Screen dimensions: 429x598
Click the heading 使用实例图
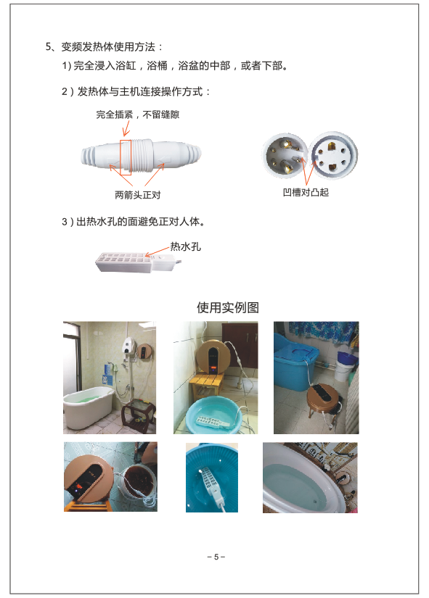pyautogui.click(x=228, y=307)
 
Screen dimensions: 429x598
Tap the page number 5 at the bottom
pyautogui.click(x=216, y=557)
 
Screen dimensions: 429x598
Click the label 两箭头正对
pyautogui.click(x=137, y=195)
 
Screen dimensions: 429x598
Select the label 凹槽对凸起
pyautogui.click(x=306, y=192)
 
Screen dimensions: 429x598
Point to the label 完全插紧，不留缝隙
pyautogui.click(x=137, y=115)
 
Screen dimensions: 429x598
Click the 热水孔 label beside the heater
pyautogui.click(x=185, y=246)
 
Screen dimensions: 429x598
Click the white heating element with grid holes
pyautogui.click(x=137, y=262)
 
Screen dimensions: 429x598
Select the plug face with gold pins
pyautogui.click(x=285, y=156)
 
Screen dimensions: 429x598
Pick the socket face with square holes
pyautogui.click(x=333, y=155)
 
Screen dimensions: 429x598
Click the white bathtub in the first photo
pyautogui.click(x=89, y=410)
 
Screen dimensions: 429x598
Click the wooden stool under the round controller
pyautogui.click(x=206, y=386)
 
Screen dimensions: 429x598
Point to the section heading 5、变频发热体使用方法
pyautogui.click(x=104, y=47)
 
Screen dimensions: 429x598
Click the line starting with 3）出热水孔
pyautogui.click(x=134, y=222)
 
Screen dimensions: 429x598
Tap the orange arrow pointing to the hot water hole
pyautogui.click(x=157, y=252)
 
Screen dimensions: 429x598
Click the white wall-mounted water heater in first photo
pyautogui.click(x=130, y=346)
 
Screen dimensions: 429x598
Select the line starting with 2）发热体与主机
pyautogui.click(x=136, y=92)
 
